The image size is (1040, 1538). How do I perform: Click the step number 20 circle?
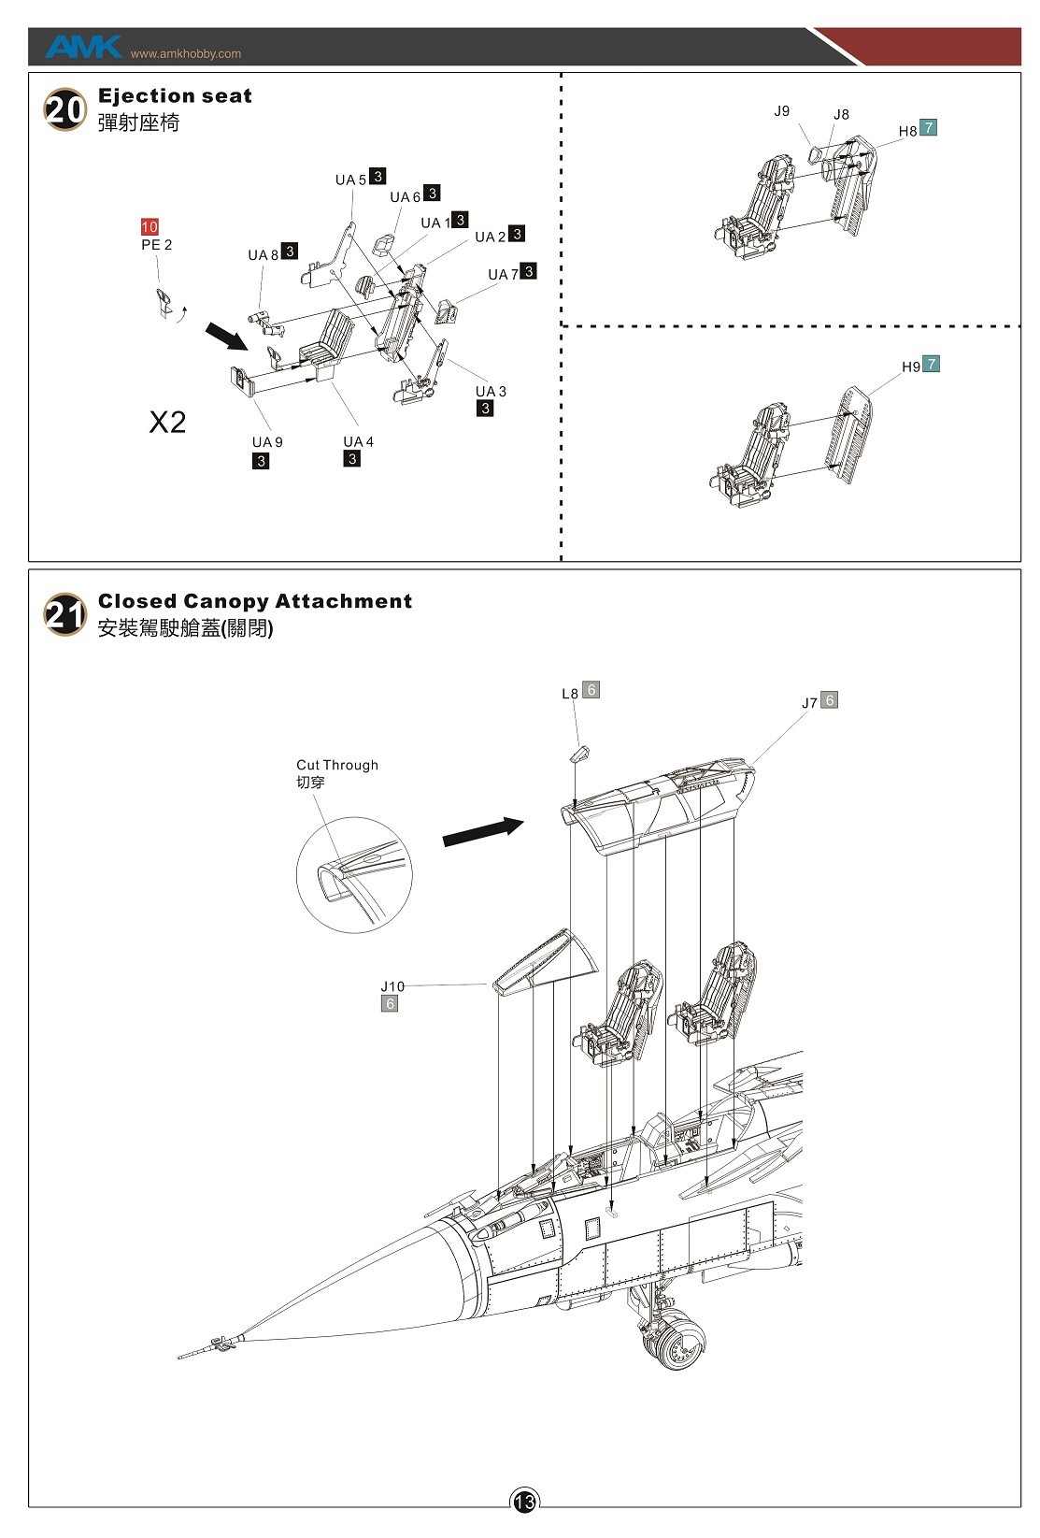(x=64, y=110)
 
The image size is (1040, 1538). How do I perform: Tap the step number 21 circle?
(x=64, y=615)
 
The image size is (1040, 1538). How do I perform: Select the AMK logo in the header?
(x=82, y=47)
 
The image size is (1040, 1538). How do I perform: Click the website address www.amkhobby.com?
(x=186, y=53)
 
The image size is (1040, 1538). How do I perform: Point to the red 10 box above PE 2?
(x=150, y=227)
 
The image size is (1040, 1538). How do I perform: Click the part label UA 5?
(x=350, y=180)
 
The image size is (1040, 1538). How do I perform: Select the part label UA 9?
(x=267, y=442)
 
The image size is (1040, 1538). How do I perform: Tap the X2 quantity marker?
(x=167, y=423)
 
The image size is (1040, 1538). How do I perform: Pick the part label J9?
(x=781, y=111)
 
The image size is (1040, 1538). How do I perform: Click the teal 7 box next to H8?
(x=928, y=128)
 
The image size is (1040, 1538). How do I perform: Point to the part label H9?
(x=910, y=367)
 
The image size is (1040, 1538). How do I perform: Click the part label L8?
(x=570, y=694)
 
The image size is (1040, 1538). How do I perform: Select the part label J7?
(x=809, y=703)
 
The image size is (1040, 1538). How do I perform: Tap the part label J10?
(x=392, y=986)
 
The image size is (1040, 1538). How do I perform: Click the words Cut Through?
(x=337, y=765)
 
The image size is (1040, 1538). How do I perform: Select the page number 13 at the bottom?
(x=523, y=1502)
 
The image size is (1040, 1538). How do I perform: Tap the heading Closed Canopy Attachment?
(x=255, y=601)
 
